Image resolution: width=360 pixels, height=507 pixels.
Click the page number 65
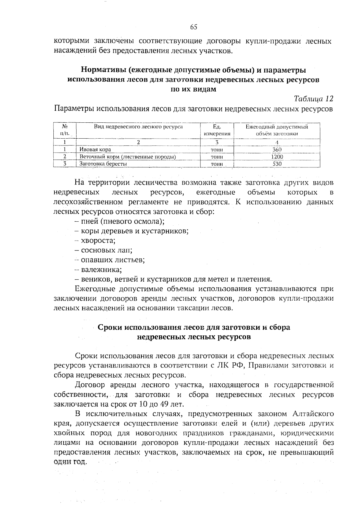(193, 27)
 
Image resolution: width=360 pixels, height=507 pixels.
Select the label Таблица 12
(313, 99)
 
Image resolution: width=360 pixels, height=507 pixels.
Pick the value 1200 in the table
(277, 157)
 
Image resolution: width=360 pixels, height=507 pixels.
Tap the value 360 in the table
(277, 149)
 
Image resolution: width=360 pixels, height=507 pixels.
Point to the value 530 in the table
(277, 164)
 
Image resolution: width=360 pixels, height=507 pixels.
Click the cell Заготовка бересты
(103, 164)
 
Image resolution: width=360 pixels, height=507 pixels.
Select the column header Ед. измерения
(217, 130)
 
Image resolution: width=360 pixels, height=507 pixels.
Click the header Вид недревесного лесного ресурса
(138, 127)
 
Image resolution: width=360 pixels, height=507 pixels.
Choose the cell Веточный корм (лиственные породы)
(127, 157)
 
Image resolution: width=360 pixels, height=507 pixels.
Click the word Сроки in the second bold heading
(110, 327)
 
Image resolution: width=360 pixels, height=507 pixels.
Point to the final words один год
(70, 462)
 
